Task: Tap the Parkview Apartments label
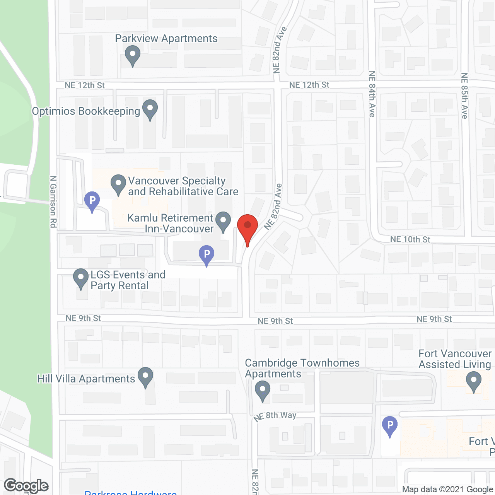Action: pyautogui.click(x=166, y=39)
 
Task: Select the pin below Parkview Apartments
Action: pyautogui.click(x=133, y=55)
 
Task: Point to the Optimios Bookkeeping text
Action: pyautogui.click(x=86, y=111)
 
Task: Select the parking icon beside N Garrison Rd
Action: pyautogui.click(x=92, y=201)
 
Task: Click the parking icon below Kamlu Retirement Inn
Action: pyautogui.click(x=207, y=255)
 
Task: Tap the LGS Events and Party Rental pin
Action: pyautogui.click(x=81, y=278)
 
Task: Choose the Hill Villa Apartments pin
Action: pyautogui.click(x=145, y=377)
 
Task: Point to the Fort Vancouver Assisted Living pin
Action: pyautogui.click(x=473, y=381)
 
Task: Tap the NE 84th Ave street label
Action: pyautogui.click(x=372, y=94)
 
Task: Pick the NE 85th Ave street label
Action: pyautogui.click(x=464, y=96)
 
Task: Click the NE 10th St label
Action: pyautogui.click(x=410, y=239)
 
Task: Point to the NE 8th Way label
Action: pyautogui.click(x=275, y=416)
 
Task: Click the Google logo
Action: pyautogui.click(x=26, y=486)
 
